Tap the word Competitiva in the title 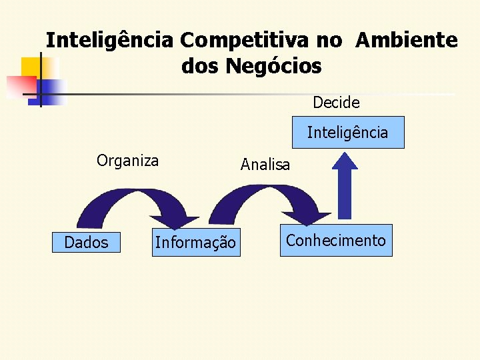click(x=246, y=41)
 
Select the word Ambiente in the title click(x=407, y=41)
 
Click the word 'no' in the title click(x=329, y=41)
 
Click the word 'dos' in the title click(x=200, y=67)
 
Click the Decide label click(x=336, y=103)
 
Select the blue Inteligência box click(x=347, y=133)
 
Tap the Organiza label click(x=127, y=161)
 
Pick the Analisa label click(x=265, y=165)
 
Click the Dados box click(x=86, y=243)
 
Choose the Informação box click(x=195, y=243)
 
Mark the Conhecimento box click(x=335, y=241)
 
